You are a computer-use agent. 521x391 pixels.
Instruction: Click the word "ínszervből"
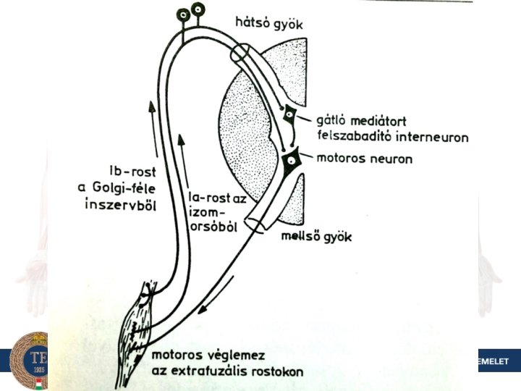(122, 206)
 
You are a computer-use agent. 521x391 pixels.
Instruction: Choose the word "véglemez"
(232, 356)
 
